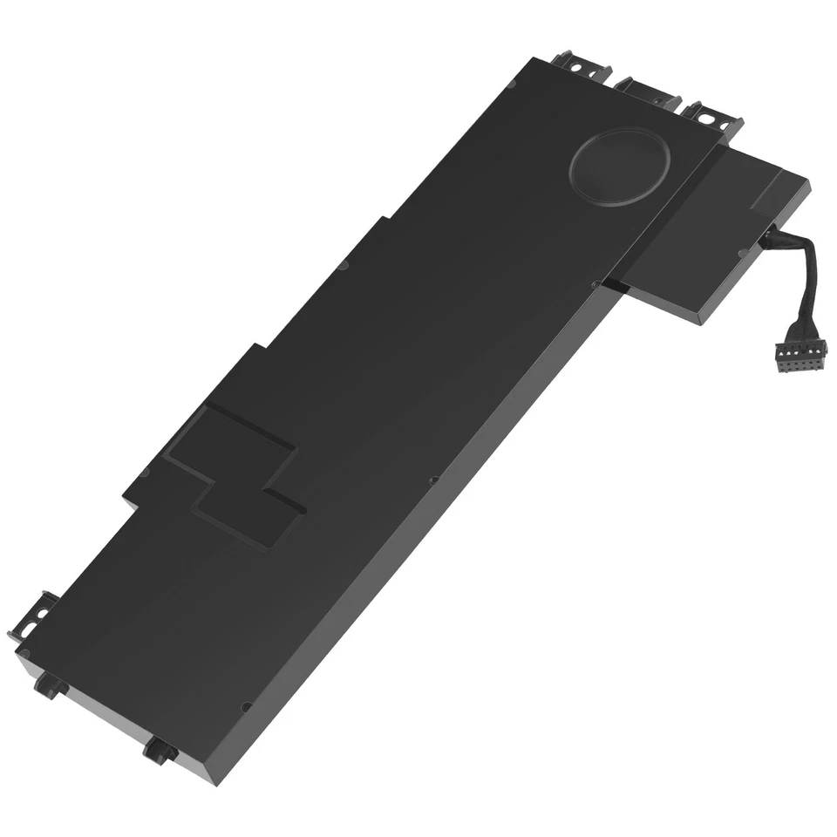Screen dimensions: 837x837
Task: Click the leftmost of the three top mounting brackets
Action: click(575, 65)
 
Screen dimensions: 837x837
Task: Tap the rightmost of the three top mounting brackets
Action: click(713, 117)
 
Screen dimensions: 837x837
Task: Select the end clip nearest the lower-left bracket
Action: click(50, 685)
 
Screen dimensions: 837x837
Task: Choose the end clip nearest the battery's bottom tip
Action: click(160, 749)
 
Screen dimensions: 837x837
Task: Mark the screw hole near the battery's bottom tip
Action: click(247, 707)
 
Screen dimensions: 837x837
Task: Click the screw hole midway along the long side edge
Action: click(433, 480)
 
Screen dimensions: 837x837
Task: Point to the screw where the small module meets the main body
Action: click(595, 283)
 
